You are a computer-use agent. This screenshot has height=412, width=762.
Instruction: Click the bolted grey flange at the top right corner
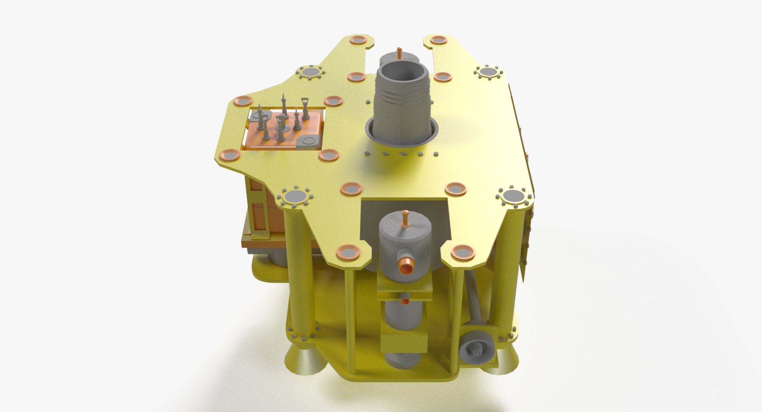pyautogui.click(x=488, y=72)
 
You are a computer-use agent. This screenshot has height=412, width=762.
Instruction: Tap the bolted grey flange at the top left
pyautogui.click(x=310, y=73)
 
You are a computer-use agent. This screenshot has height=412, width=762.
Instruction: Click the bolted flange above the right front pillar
pyautogui.click(x=514, y=196)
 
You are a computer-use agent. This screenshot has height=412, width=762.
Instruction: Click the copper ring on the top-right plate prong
pyautogui.click(x=439, y=40)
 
